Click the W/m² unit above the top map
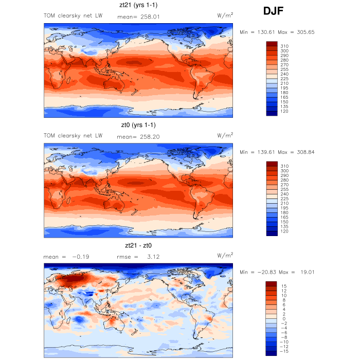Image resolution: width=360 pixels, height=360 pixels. tap(225, 16)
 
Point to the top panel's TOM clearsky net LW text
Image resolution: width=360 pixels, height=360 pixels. tap(73, 16)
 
